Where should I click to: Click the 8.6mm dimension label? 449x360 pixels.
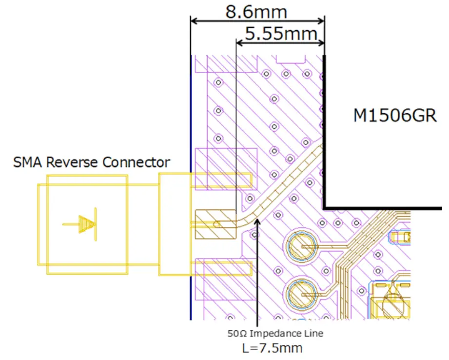(x=256, y=11)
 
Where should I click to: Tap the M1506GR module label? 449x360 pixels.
(x=395, y=116)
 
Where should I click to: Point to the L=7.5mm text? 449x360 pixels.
(x=272, y=348)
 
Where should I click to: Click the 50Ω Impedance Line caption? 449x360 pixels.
(x=275, y=334)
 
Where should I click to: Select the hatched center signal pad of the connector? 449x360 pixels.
(x=215, y=224)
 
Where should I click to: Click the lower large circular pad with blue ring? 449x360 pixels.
(x=300, y=295)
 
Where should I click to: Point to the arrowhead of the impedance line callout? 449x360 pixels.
(x=257, y=221)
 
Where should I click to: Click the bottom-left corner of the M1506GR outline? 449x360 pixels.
(x=324, y=207)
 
